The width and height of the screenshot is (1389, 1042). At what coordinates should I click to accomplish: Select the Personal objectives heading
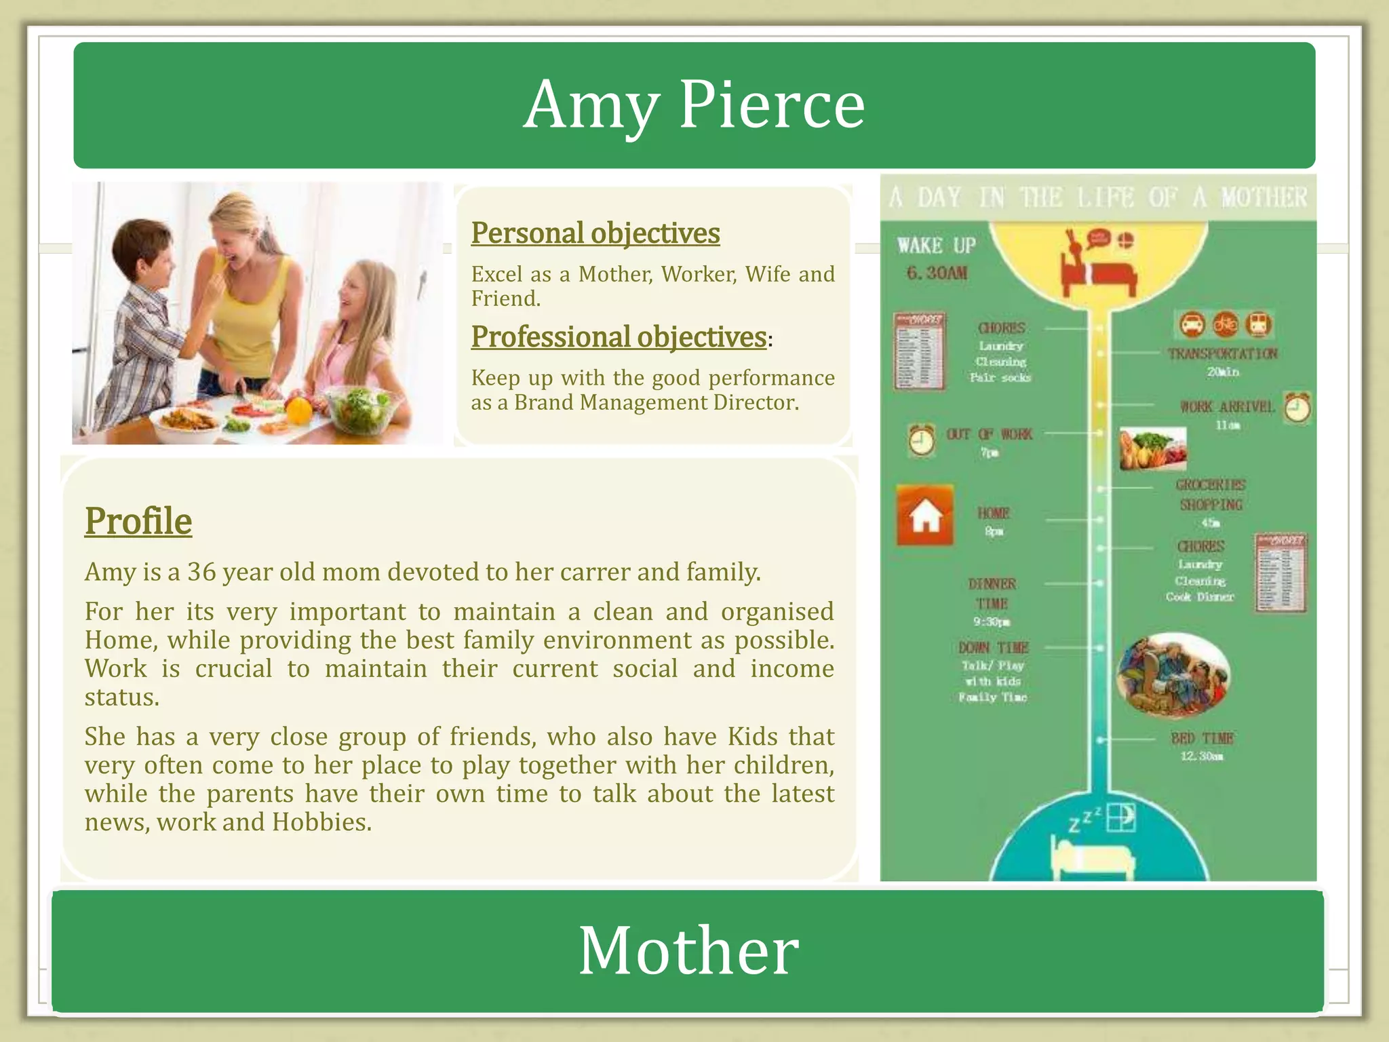click(595, 233)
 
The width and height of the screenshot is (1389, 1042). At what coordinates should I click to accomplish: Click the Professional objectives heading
click(619, 336)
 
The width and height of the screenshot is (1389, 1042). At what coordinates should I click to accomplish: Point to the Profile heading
click(138, 521)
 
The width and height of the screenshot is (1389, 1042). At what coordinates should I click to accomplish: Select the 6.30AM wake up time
click(937, 273)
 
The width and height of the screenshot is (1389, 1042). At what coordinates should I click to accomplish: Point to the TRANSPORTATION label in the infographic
click(1222, 353)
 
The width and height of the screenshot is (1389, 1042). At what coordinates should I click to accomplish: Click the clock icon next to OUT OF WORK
click(921, 440)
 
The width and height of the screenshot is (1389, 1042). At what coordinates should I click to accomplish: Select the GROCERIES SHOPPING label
click(1211, 495)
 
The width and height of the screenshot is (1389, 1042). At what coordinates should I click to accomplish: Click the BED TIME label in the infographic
click(1202, 738)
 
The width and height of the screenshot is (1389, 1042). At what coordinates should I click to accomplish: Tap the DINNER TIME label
click(992, 594)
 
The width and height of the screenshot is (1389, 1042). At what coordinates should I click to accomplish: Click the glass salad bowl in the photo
click(360, 408)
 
